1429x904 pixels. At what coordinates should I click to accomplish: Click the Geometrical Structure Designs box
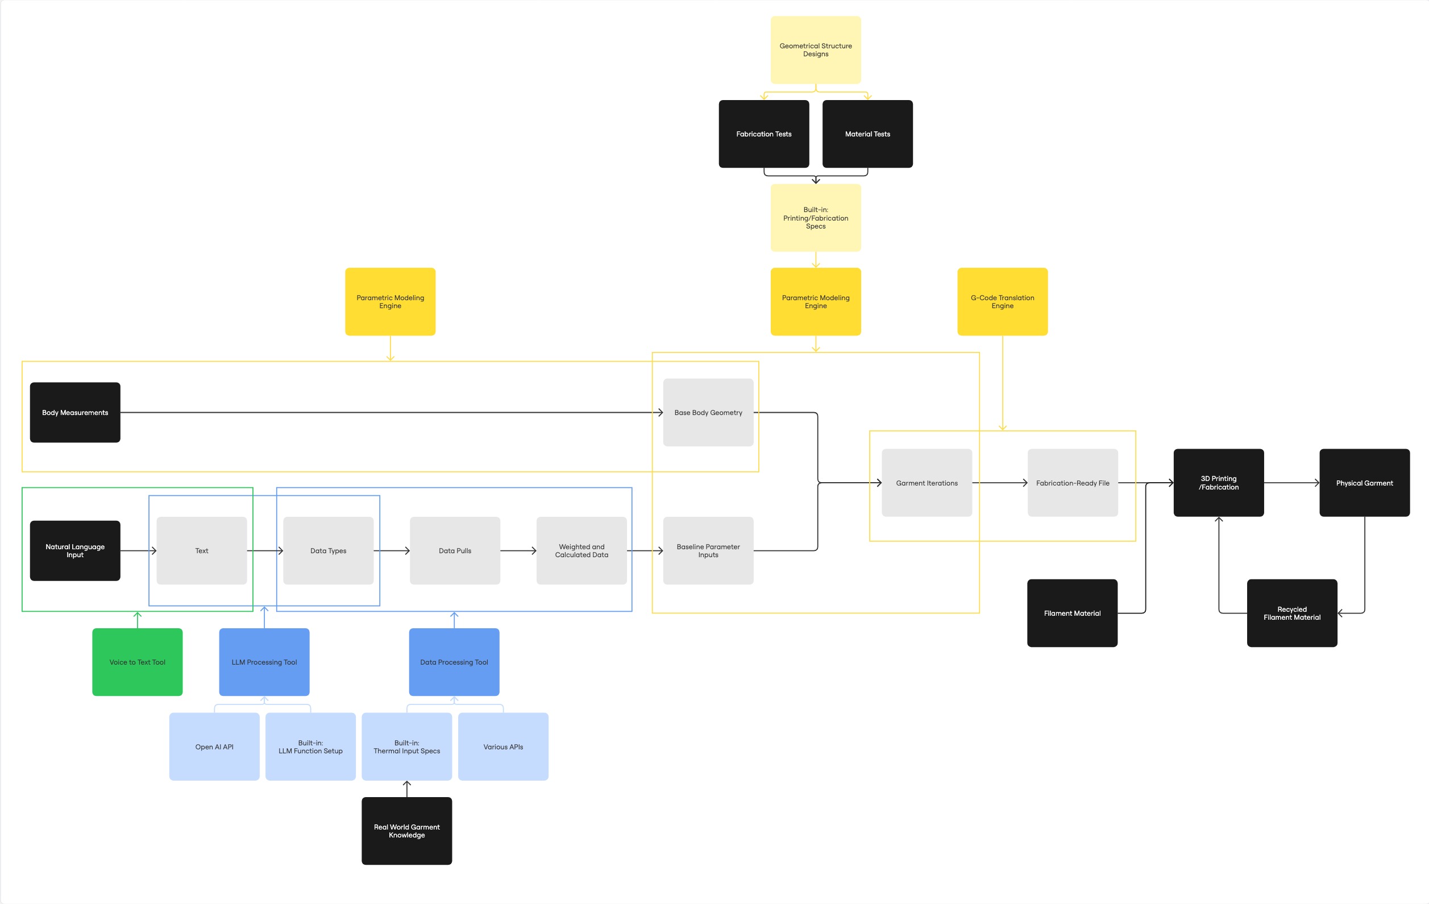click(815, 50)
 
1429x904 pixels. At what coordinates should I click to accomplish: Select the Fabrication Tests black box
click(764, 134)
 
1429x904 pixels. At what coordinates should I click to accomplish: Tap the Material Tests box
click(867, 134)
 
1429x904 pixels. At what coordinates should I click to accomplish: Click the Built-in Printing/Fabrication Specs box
click(815, 218)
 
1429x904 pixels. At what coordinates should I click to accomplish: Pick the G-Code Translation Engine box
click(1002, 301)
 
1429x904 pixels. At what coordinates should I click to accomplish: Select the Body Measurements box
click(75, 412)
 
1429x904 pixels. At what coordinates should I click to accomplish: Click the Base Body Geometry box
click(708, 412)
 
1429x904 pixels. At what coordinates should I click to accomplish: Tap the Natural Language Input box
click(75, 550)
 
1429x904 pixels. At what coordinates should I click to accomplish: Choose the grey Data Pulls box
click(455, 550)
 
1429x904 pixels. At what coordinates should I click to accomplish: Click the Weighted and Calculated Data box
click(581, 550)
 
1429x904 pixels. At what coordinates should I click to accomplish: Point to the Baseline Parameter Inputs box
click(708, 550)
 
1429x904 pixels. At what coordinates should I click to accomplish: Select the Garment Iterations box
click(927, 483)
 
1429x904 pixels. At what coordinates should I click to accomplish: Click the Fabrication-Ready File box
click(1073, 483)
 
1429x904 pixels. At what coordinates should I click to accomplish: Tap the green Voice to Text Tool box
click(137, 662)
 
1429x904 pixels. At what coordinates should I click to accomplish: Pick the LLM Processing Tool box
click(264, 662)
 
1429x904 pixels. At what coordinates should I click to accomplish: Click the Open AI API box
click(214, 746)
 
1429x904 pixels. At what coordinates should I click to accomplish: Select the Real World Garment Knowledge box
click(406, 831)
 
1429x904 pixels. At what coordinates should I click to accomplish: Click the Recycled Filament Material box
click(1292, 612)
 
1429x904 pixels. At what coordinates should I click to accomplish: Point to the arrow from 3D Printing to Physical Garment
click(1291, 483)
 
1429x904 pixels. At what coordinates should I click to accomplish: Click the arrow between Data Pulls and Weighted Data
click(518, 550)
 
